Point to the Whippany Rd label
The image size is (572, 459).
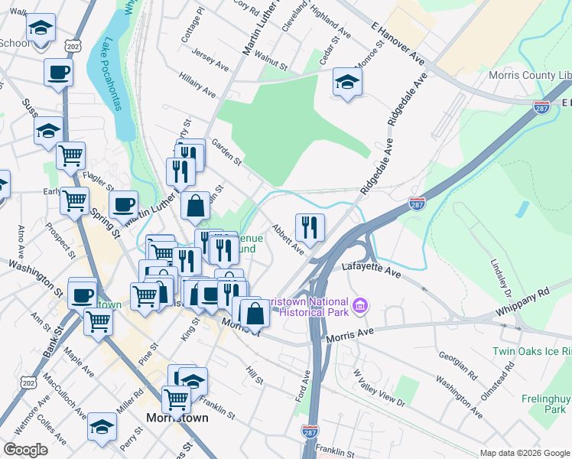(x=522, y=301)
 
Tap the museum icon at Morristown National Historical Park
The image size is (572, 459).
(x=362, y=307)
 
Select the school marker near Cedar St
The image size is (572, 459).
(x=347, y=82)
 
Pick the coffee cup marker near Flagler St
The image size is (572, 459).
(x=123, y=204)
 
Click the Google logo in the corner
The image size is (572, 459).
(x=26, y=450)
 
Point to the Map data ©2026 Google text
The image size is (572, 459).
(x=524, y=453)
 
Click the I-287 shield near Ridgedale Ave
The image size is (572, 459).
(x=417, y=203)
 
